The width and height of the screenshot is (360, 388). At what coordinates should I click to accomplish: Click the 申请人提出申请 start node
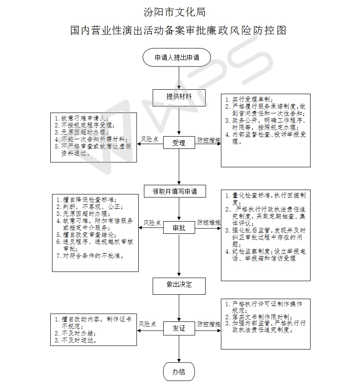point(177,57)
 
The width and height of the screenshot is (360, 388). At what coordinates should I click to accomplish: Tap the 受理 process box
point(178,143)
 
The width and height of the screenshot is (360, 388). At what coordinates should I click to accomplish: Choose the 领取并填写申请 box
point(175,191)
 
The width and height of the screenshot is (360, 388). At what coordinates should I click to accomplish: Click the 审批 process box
point(178,228)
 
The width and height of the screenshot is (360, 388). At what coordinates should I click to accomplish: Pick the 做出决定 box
point(179,285)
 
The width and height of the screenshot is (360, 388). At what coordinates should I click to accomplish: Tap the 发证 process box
point(178,328)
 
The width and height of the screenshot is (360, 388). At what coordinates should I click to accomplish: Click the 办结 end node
point(178,372)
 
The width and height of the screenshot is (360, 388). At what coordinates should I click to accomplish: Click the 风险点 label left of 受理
point(149,140)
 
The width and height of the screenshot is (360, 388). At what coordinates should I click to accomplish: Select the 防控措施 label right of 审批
point(208,223)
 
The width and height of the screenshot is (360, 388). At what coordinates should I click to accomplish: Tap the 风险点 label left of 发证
point(148,324)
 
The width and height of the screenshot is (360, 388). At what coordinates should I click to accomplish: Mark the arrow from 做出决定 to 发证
point(179,307)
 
